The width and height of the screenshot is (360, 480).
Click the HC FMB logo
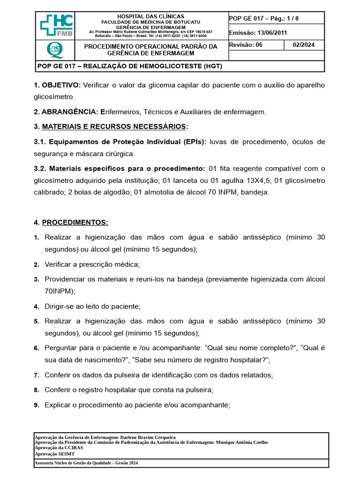[55, 26]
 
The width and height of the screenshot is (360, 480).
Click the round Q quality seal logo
[55, 50]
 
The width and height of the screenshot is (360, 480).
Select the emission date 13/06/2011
[269, 33]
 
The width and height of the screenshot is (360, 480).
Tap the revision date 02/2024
[304, 45]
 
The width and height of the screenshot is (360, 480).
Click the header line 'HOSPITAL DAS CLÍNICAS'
[150, 16]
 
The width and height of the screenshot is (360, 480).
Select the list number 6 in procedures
[36, 348]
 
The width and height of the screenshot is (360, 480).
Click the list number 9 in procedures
[36, 405]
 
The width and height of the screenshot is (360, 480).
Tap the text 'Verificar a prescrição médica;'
[92, 264]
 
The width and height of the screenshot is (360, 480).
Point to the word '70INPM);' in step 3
[60, 291]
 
